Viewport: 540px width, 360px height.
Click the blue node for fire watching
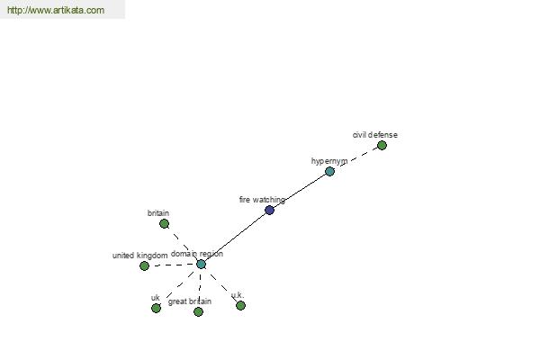pos(270,210)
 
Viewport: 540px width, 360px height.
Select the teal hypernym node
pos(329,171)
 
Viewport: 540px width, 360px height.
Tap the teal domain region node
pos(201,265)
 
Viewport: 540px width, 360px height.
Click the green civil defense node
pos(382,146)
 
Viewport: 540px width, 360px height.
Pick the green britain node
pos(165,223)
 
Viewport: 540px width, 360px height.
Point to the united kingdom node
pos(144,265)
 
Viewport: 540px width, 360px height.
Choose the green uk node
pos(156,308)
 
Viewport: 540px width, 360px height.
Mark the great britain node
pos(198,311)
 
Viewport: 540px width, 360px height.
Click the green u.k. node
pos(240,305)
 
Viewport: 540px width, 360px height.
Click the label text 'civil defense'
pos(375,135)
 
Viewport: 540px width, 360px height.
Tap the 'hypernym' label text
pos(329,161)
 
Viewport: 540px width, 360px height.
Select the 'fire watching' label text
pos(262,200)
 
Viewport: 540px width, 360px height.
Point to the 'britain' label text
pos(158,213)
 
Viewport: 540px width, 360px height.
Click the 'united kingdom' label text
pos(139,256)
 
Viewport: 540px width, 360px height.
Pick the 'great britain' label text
pos(190,301)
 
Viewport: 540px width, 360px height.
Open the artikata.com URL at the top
pos(56,10)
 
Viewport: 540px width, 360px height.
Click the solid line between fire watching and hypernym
pos(300,191)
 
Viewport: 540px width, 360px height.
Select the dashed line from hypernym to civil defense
pos(355,158)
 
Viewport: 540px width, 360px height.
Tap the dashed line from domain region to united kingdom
pos(173,265)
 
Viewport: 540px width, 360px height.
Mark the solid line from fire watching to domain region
pos(235,237)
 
